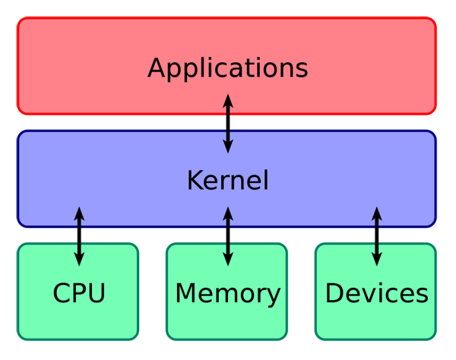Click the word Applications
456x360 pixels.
[x=228, y=68]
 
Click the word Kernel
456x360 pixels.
[x=228, y=181]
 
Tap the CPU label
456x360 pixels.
[x=79, y=293]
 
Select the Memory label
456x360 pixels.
[x=228, y=293]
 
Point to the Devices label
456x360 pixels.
[x=376, y=293]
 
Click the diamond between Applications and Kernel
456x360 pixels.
[x=228, y=122]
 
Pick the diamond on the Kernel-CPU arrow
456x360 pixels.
[x=79, y=235]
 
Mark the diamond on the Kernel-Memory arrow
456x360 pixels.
[x=228, y=235]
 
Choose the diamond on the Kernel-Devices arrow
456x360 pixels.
[x=376, y=235]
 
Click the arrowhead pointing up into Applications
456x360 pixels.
[x=228, y=99]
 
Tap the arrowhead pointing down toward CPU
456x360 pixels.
[x=79, y=260]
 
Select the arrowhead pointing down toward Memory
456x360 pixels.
[x=228, y=260]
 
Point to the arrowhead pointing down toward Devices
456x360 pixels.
[x=376, y=260]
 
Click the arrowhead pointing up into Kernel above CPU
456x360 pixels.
[x=79, y=212]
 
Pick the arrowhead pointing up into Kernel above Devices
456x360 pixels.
[x=376, y=212]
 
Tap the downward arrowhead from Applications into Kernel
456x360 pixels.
[x=228, y=147]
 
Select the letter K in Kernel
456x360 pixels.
[x=195, y=181]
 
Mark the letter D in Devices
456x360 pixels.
[x=334, y=293]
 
